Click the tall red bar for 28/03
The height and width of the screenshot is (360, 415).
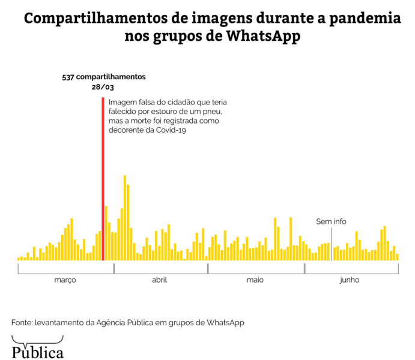click(x=103, y=180)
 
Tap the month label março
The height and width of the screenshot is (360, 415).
click(x=65, y=280)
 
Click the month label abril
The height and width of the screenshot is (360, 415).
click(x=160, y=280)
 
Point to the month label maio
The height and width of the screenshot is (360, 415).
click(x=255, y=280)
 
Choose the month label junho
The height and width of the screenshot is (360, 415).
click(x=350, y=280)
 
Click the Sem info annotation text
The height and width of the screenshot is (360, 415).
click(x=331, y=221)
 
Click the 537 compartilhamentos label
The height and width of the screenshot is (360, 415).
click(x=104, y=77)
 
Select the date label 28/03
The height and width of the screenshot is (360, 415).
click(x=103, y=87)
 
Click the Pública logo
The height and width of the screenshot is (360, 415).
click(x=37, y=349)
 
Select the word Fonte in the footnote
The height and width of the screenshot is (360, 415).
click(x=22, y=322)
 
